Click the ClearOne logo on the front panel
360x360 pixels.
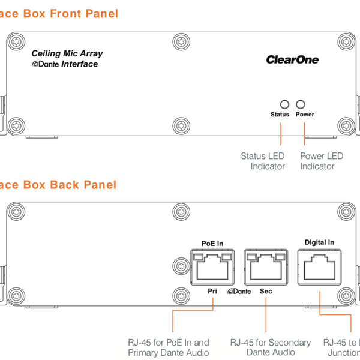click(292, 59)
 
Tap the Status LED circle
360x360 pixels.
click(285, 104)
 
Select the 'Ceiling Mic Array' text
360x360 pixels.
click(67, 54)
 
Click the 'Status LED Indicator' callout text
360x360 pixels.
click(263, 161)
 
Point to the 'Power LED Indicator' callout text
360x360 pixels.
click(321, 161)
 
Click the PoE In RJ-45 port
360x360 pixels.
click(212, 266)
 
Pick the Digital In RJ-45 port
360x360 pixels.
click(319, 266)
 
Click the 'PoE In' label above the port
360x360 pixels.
click(212, 243)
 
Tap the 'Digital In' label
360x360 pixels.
click(319, 242)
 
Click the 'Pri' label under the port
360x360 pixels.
click(212, 291)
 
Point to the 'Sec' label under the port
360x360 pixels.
click(266, 291)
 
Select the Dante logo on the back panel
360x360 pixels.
click(239, 292)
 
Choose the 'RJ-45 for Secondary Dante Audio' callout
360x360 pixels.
click(271, 347)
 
